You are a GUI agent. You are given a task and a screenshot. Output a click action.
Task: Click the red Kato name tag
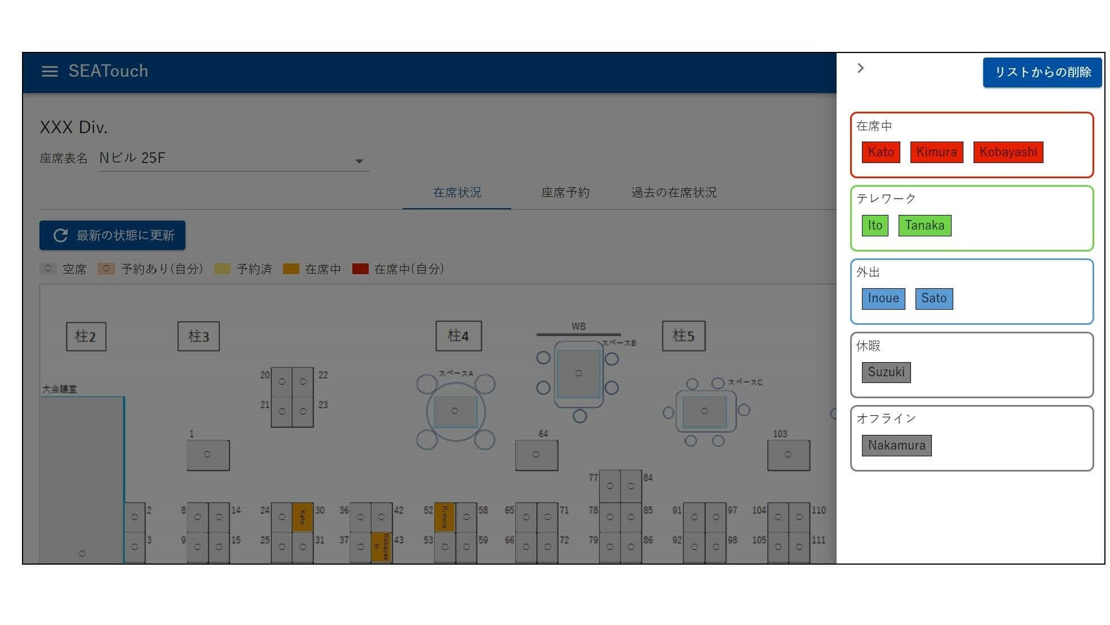881,152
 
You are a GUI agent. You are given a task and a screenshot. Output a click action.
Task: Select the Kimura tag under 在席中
936,152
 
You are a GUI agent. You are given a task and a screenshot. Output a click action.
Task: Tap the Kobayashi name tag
1008,152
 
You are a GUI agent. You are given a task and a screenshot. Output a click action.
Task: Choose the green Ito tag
875,225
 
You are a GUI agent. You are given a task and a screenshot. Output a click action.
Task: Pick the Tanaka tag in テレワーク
925,225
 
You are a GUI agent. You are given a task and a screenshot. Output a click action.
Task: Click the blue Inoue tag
883,298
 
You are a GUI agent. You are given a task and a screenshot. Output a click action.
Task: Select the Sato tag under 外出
934,298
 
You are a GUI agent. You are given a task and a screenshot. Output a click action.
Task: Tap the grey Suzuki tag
886,372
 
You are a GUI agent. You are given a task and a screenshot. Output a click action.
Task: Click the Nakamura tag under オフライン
896,445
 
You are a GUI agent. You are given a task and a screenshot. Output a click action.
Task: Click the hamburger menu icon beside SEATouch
50,71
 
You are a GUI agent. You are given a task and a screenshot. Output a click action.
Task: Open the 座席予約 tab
565,192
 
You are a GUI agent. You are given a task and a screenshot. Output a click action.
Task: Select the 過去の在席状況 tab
674,192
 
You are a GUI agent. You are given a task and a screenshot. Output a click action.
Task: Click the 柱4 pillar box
458,336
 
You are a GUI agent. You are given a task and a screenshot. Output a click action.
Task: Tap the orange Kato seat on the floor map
302,517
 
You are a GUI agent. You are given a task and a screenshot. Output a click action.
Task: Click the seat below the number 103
788,455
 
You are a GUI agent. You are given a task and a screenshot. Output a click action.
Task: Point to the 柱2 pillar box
86,337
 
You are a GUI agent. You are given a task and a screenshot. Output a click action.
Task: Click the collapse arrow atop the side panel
860,68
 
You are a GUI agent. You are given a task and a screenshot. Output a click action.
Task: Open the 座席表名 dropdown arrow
359,161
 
